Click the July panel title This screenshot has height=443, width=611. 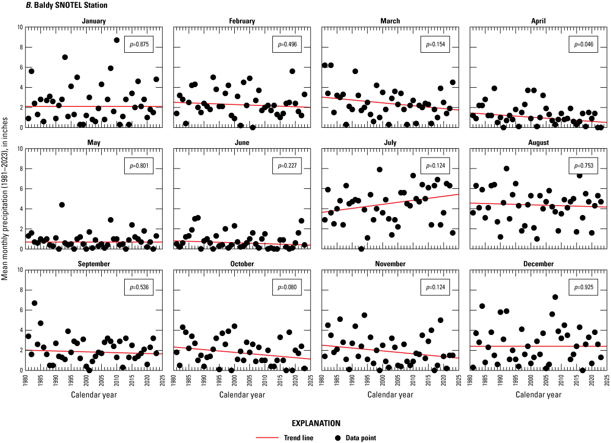pos(390,142)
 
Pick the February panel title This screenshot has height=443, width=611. pos(242,21)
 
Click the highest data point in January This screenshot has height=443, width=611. pos(116,40)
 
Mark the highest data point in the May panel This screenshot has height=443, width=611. pos(62,205)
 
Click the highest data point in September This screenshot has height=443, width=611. pos(34,303)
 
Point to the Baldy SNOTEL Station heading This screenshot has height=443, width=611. pos(37,5)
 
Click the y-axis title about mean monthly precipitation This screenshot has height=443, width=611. pos(5,193)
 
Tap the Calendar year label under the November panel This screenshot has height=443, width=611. pos(390,394)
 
